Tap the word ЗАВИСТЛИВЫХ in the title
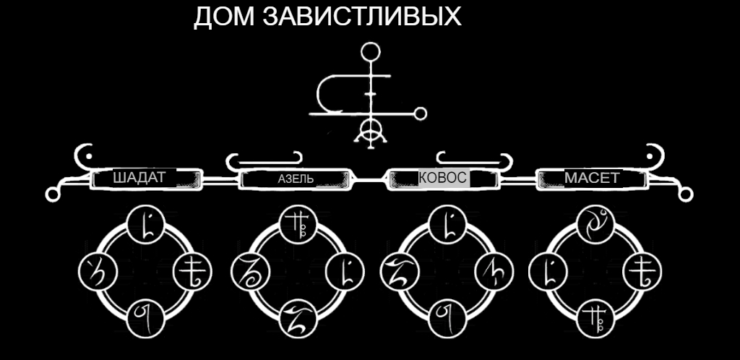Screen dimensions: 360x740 (361, 17)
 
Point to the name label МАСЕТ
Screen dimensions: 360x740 (592, 178)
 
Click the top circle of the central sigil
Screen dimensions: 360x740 (371, 52)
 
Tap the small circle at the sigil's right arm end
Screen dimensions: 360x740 (418, 113)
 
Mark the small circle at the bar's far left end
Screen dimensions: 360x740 (52, 193)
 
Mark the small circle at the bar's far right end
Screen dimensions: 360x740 (687, 193)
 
